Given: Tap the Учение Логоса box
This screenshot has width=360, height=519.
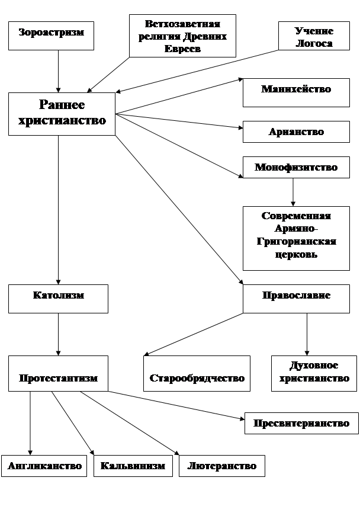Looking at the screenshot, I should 314,37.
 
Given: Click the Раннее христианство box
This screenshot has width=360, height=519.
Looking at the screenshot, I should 62,113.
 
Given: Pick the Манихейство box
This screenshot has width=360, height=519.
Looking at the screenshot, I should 296,92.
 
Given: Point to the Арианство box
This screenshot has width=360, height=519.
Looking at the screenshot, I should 296,132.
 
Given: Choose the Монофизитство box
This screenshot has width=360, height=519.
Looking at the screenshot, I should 296,168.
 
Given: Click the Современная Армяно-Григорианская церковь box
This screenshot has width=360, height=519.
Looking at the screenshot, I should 296,238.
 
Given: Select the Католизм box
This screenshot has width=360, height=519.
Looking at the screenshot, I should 58,299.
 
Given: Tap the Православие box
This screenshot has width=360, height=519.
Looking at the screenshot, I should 296,299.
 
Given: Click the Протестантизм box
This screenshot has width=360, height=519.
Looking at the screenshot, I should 58,373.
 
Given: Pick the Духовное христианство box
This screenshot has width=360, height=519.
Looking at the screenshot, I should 314,373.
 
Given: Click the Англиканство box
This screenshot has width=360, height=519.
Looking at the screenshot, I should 44,466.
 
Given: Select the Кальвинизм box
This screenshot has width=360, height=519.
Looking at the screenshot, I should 133,466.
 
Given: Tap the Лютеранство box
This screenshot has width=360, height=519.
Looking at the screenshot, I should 221,466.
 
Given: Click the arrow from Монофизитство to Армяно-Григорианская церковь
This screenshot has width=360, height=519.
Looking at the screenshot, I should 293,193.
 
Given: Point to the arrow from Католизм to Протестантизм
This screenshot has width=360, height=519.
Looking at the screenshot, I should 58,334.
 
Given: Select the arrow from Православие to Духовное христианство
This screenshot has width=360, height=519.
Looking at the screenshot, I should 307,334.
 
